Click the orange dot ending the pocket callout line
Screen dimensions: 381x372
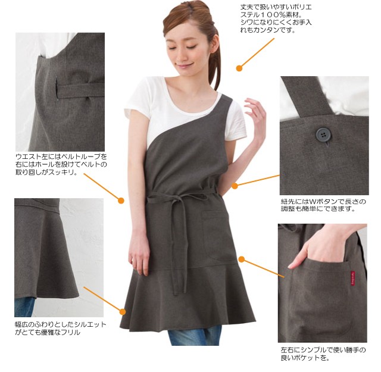241,260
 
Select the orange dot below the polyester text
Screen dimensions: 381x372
239,68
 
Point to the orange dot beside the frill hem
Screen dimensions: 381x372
123,312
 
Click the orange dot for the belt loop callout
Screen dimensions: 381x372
121,201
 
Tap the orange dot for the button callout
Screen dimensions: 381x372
235,186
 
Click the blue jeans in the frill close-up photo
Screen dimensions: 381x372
24,307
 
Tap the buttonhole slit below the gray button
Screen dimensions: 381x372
327,145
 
